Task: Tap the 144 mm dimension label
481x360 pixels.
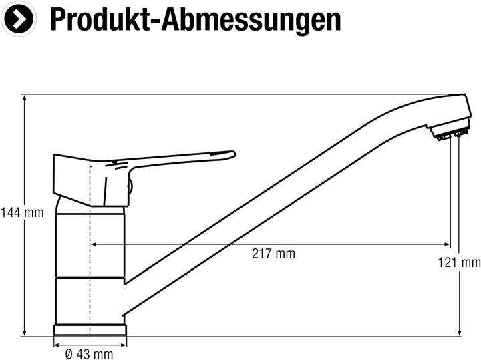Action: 22,213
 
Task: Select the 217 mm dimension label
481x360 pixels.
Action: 273,254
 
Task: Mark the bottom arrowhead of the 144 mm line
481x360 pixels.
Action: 25,332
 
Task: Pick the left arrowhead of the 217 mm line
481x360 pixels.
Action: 94,245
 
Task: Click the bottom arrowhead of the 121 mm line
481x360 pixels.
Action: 460,332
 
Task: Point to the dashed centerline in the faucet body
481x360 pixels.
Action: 89,267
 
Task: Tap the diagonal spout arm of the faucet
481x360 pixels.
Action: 267,200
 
